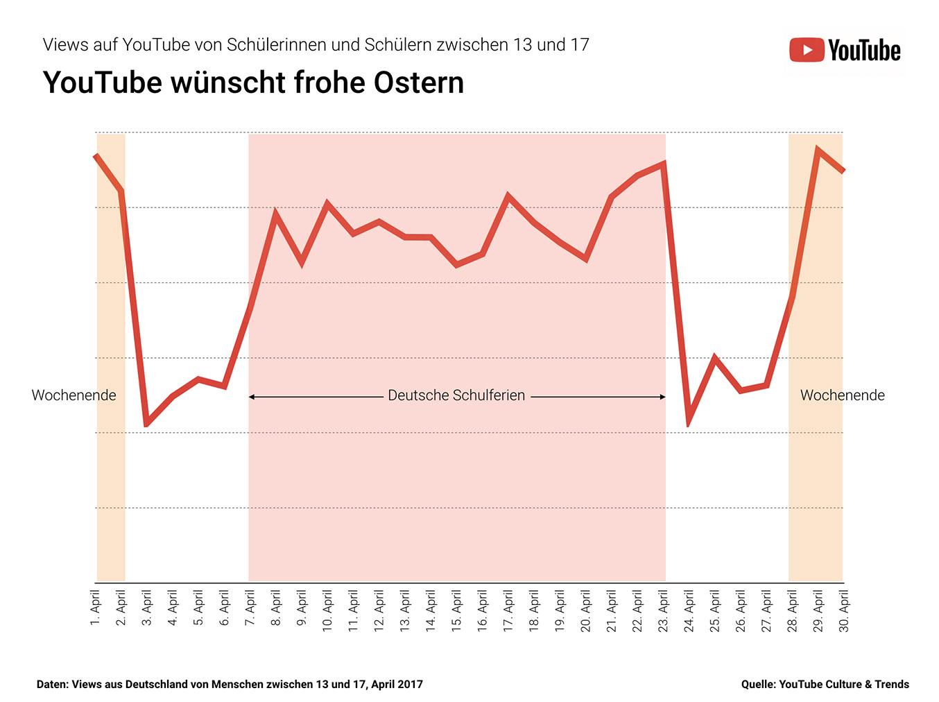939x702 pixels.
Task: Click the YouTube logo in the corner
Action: (x=845, y=50)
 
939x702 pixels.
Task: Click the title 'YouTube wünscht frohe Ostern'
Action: (x=253, y=83)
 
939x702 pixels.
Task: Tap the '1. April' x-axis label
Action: (x=96, y=608)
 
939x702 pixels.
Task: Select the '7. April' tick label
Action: (x=250, y=608)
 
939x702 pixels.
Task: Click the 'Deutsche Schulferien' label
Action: (x=456, y=395)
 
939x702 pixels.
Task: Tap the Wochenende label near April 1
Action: (x=74, y=395)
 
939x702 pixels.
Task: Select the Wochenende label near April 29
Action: (x=842, y=395)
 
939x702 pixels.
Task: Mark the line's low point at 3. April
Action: (x=147, y=425)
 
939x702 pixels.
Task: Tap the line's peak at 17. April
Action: (x=508, y=196)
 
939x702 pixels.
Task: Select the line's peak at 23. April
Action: (x=664, y=164)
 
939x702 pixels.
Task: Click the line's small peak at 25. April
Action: (x=714, y=357)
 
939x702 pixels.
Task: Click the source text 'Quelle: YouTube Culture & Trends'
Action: (x=825, y=685)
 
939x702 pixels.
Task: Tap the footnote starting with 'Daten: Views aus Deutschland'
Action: (x=230, y=685)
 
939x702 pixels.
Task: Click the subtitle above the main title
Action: (x=316, y=45)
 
